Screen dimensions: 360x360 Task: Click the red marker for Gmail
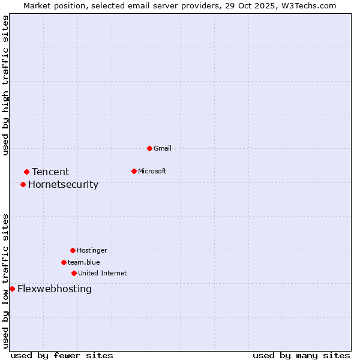149,148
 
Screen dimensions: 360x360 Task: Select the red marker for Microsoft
134,171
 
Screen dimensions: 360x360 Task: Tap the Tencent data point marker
26,172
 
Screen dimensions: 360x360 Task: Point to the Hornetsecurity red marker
23,184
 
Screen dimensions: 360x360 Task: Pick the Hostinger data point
73,250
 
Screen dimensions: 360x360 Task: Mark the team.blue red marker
64,262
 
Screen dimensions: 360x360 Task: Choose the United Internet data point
74,273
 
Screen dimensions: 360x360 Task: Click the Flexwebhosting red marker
12,289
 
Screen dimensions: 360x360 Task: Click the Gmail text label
163,148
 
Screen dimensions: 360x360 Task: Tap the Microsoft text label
152,171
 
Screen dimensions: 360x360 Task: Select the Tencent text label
50,172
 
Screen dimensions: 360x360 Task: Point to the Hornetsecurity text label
63,184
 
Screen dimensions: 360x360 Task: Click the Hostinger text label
92,250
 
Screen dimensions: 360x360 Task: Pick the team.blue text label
84,262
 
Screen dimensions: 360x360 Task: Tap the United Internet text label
103,273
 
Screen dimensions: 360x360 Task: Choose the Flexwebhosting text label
55,289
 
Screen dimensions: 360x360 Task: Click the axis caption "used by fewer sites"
62,355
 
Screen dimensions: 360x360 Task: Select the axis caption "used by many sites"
301,355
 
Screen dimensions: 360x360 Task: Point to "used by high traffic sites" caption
5,85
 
